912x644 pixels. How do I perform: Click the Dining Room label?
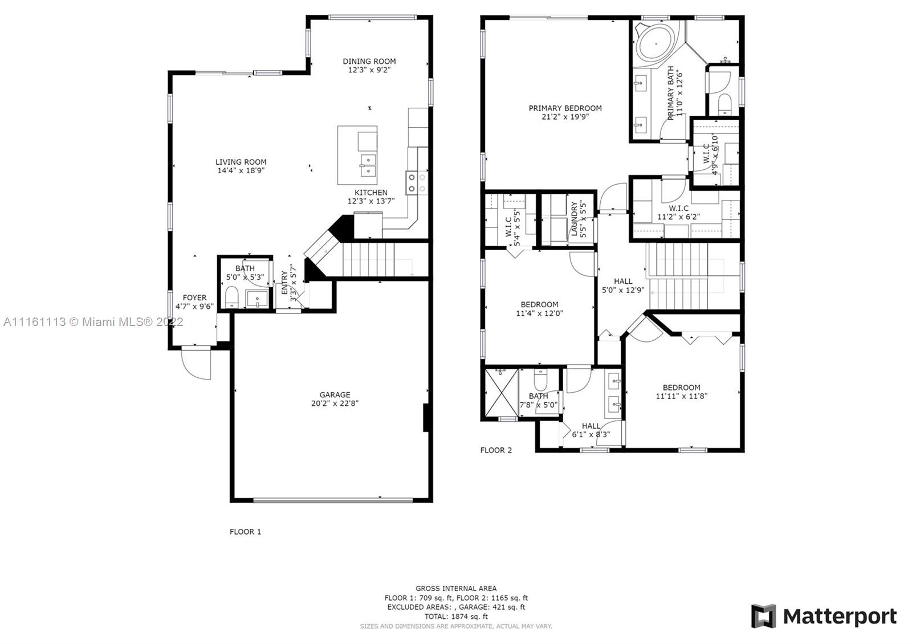(369, 62)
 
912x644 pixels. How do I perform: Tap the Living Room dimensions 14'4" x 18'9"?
(241, 170)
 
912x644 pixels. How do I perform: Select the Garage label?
(335, 394)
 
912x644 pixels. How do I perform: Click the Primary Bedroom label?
(565, 108)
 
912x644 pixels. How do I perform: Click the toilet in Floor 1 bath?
(231, 296)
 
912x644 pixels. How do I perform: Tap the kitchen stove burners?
(417, 183)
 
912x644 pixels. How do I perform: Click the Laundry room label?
(575, 219)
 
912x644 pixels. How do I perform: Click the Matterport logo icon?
(763, 616)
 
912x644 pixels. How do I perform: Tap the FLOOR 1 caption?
(245, 532)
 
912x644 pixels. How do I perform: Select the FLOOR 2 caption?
(496, 450)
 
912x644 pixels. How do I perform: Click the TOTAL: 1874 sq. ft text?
(456, 616)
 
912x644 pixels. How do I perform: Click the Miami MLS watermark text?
(93, 322)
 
